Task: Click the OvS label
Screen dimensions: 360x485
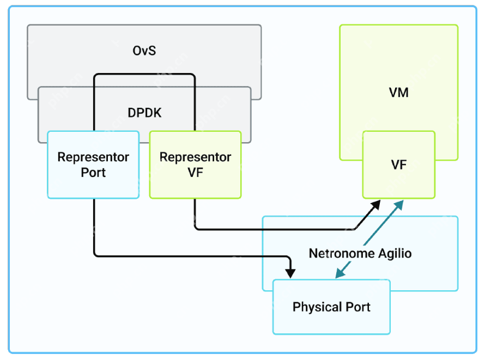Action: point(144,51)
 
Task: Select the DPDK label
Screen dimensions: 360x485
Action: point(144,113)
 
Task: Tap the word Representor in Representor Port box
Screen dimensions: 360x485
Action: point(93,157)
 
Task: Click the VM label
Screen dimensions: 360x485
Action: point(399,93)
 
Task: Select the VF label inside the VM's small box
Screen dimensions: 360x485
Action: point(399,164)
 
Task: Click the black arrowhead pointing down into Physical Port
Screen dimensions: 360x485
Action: point(291,272)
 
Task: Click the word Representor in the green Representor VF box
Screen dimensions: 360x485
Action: point(195,157)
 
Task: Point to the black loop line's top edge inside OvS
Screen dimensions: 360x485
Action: point(144,74)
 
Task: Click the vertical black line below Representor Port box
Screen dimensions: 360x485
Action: point(94,226)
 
